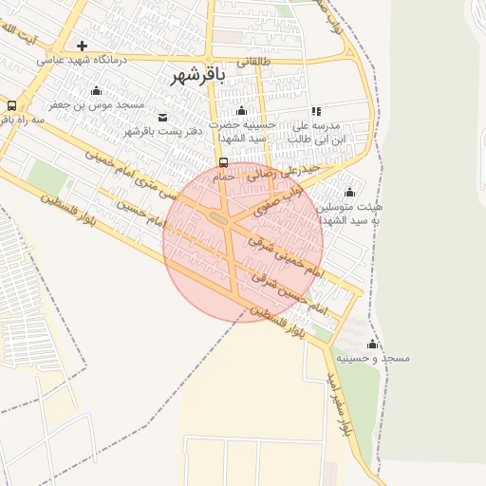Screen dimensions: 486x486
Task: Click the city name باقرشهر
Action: (197, 77)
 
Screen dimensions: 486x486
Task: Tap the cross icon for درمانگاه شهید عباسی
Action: (83, 46)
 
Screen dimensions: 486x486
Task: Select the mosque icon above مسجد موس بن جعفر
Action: (96, 91)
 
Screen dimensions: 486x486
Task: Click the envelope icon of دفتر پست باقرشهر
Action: (163, 117)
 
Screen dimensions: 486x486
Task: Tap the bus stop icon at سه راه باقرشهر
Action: (11, 105)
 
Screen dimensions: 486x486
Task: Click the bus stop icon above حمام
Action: (223, 161)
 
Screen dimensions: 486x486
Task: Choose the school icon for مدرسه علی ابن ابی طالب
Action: (316, 111)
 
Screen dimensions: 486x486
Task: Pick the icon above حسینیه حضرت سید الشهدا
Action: (241, 111)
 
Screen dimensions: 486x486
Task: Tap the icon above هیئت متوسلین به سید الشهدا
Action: (349, 191)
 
